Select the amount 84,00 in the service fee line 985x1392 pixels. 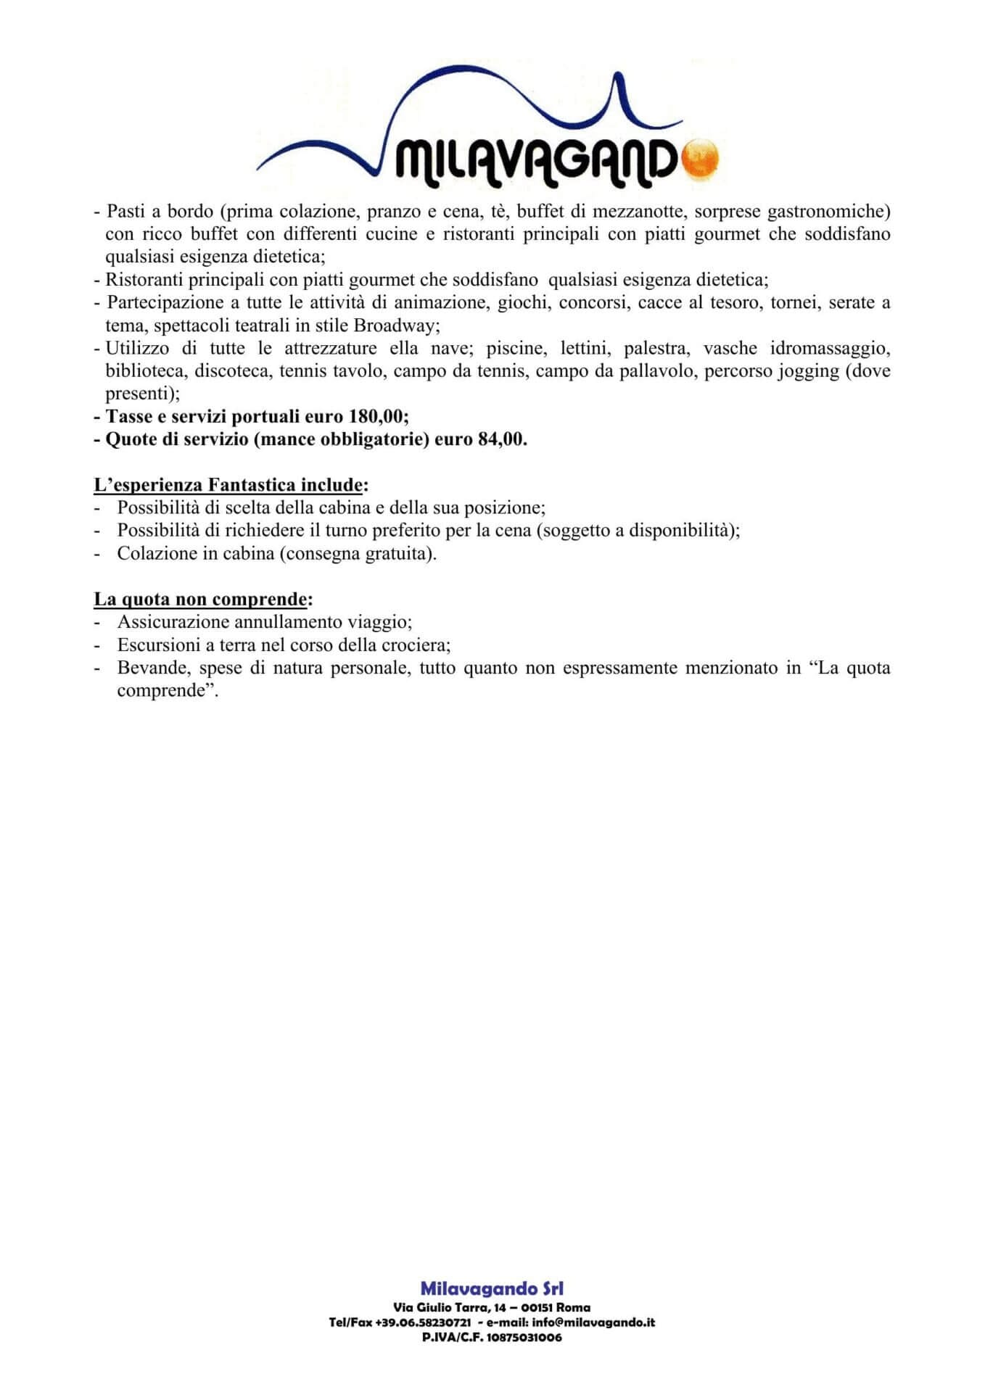click(501, 440)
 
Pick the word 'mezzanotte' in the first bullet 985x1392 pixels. click(640, 212)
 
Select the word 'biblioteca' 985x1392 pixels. click(144, 371)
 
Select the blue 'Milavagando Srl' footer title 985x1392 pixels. click(492, 1288)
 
